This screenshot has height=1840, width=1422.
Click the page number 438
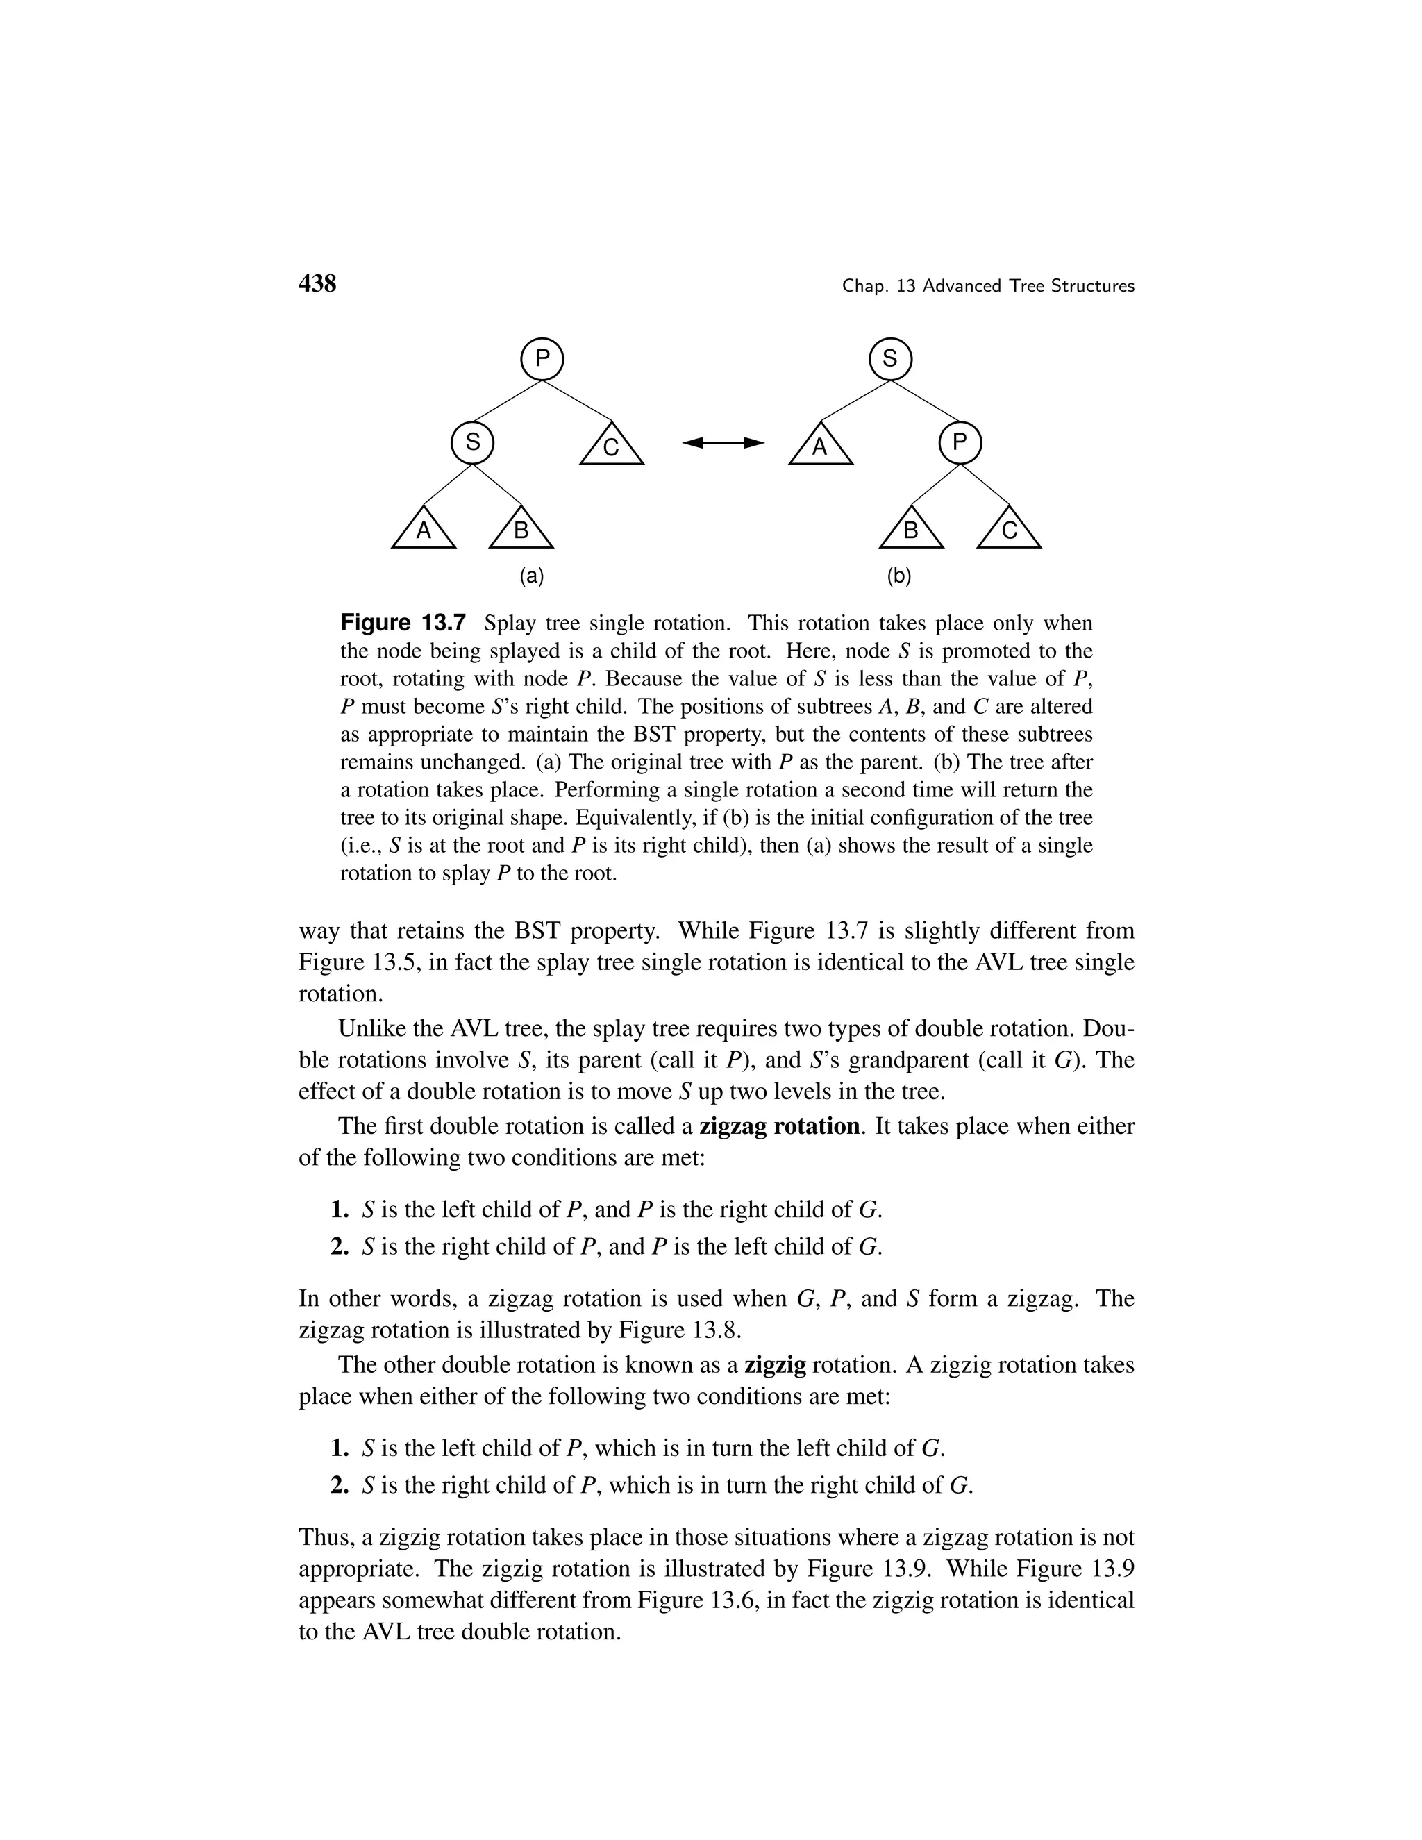(x=317, y=284)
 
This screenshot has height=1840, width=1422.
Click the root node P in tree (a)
(x=542, y=360)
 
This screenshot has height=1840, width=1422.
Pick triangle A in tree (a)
(x=424, y=530)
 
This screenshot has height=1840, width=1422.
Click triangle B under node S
(x=521, y=530)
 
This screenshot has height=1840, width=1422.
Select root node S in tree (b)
(x=890, y=360)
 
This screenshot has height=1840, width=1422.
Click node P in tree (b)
(x=960, y=442)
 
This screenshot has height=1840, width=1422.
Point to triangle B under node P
(x=911, y=530)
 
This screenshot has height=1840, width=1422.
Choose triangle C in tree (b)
(x=1009, y=530)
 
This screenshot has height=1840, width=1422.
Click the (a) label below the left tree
(x=532, y=576)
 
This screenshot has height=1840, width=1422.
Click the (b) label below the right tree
(x=899, y=576)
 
